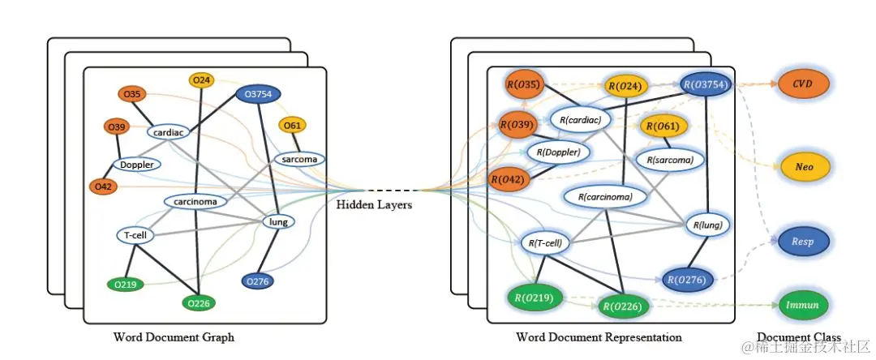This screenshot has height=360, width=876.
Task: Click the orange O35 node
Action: [132, 95]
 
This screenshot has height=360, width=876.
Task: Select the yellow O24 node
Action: [201, 80]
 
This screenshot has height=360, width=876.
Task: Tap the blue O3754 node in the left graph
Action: [258, 94]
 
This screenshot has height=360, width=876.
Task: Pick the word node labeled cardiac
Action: [168, 133]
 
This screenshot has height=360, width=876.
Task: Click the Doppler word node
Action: [137, 165]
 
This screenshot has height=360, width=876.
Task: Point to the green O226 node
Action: [199, 303]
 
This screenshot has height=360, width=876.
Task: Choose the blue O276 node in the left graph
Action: [258, 281]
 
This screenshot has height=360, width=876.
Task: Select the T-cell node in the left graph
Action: [135, 235]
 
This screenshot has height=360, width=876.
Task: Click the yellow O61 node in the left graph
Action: [292, 126]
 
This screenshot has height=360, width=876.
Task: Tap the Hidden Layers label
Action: [374, 205]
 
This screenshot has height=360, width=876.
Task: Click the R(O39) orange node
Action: [517, 124]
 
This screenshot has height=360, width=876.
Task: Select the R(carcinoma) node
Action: [606, 196]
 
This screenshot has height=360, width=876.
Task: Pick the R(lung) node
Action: [707, 225]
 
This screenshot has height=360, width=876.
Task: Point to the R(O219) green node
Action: [535, 298]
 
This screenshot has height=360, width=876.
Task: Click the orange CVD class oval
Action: [803, 84]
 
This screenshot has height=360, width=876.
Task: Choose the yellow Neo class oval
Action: [803, 166]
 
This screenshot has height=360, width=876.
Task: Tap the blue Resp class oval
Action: [803, 242]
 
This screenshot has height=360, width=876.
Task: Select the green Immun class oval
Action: [803, 305]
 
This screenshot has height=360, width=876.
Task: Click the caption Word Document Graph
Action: [174, 337]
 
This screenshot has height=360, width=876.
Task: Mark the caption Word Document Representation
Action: [599, 337]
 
